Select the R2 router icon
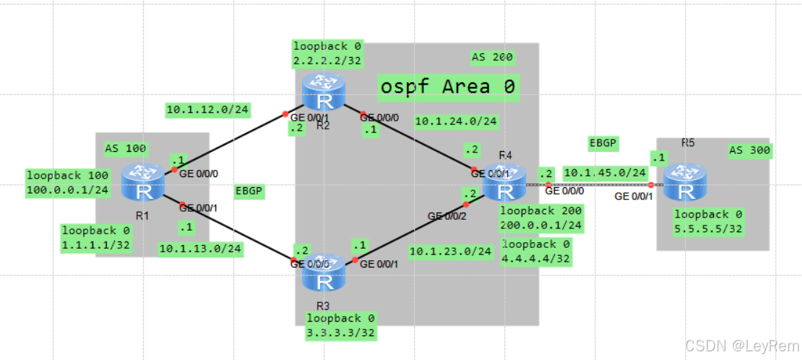click(x=323, y=93)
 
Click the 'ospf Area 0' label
click(x=447, y=87)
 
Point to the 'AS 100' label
click(x=126, y=149)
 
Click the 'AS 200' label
click(x=492, y=56)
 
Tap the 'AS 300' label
click(x=749, y=150)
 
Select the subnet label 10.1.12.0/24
click(x=207, y=110)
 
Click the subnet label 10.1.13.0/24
click(x=200, y=249)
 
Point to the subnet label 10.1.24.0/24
click(x=455, y=121)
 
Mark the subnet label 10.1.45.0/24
click(x=605, y=172)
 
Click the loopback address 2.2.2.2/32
click(x=327, y=61)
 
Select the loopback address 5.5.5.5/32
click(x=708, y=229)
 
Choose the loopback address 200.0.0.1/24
click(x=540, y=225)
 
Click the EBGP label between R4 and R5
click(x=603, y=142)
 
